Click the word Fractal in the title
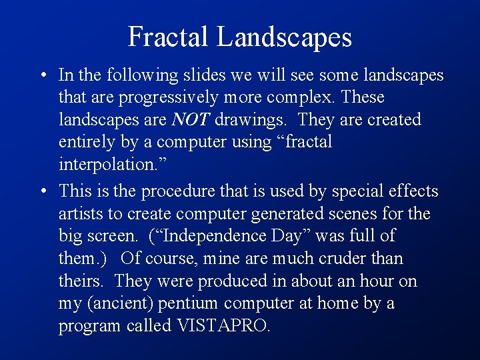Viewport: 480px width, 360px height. click(169, 37)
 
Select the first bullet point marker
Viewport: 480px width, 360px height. click(42, 75)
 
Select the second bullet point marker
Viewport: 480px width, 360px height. click(42, 191)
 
